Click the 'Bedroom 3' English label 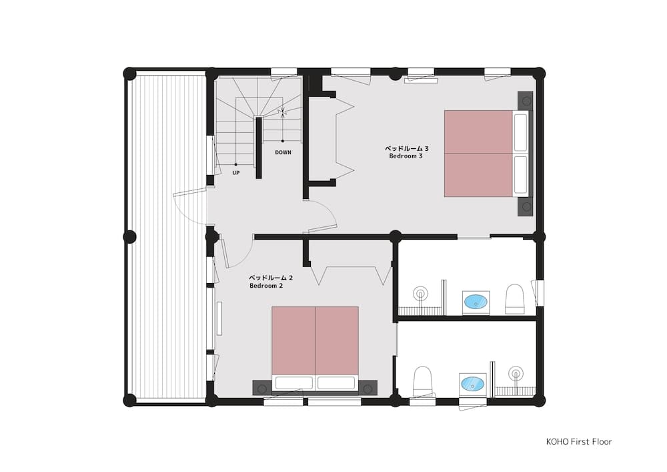[x=406, y=156]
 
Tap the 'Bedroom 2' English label [x=266, y=285]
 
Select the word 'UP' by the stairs [x=236, y=173]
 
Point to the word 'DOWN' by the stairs [x=283, y=152]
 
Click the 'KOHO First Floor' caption [x=578, y=441]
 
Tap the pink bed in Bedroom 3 [x=478, y=154]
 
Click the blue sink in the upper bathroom [x=476, y=302]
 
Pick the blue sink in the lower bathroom [x=472, y=384]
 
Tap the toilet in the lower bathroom [x=423, y=381]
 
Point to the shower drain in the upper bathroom [x=420, y=292]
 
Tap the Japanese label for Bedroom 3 [x=406, y=148]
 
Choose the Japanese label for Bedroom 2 [x=271, y=277]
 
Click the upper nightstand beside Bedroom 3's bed [x=526, y=101]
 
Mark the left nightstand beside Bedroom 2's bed [x=261, y=386]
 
